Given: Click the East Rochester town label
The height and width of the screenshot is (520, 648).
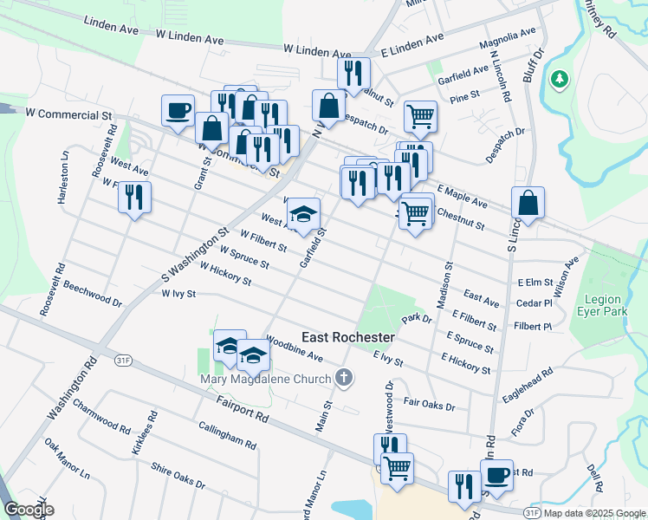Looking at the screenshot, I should [348, 336].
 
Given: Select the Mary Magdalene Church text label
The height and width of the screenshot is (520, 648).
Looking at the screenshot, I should [266, 379].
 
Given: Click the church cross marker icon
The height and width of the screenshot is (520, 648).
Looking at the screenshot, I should [345, 378].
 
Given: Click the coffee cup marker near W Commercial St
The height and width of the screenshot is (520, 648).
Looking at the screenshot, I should [178, 112].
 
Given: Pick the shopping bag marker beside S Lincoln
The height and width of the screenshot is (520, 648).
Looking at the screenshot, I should [528, 204].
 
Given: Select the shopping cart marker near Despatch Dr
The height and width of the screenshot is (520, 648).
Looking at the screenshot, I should [420, 115].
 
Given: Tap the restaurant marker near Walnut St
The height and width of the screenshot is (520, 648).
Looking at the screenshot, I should [353, 75].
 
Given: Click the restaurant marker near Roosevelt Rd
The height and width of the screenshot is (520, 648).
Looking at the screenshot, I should [134, 198].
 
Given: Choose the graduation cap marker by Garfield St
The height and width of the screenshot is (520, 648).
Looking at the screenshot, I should [303, 214].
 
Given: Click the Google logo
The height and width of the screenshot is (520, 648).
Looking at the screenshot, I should [29, 510].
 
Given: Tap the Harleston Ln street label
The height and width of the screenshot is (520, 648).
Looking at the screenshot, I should [63, 178].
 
